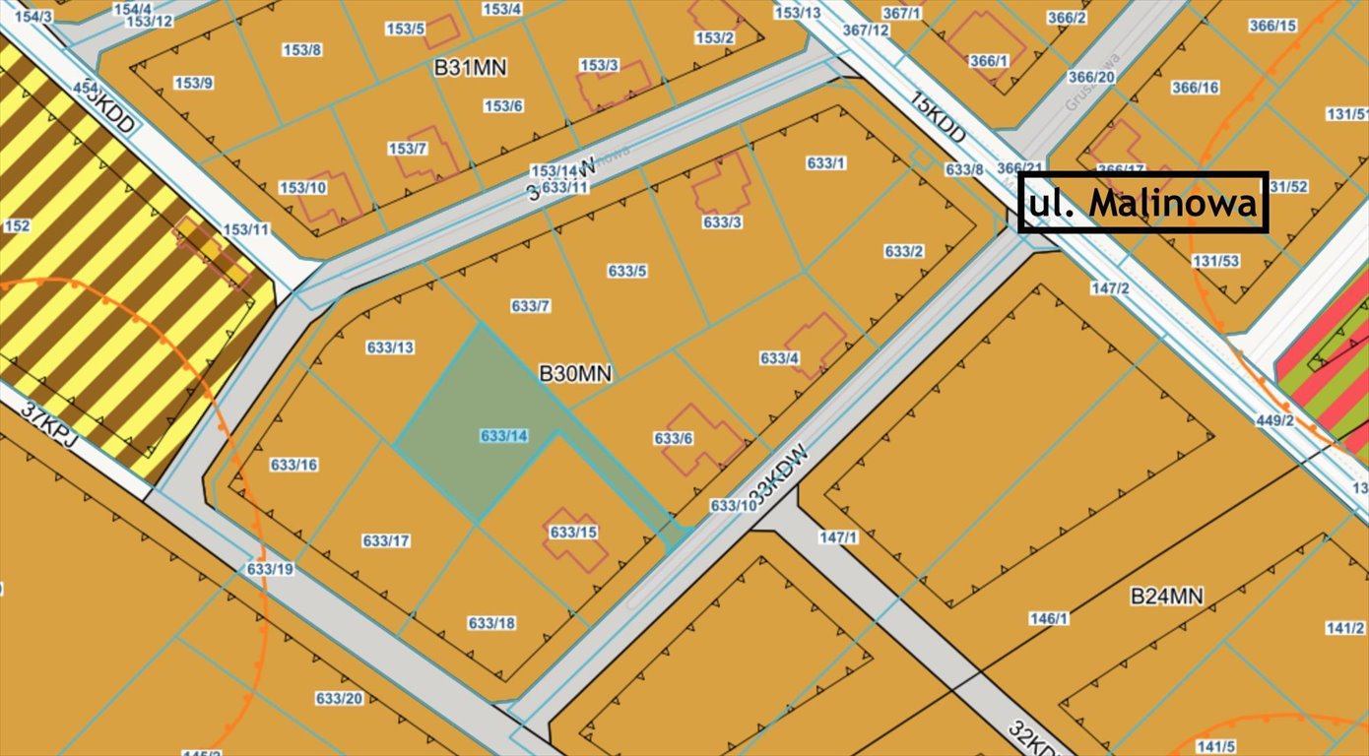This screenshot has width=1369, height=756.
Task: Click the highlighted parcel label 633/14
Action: coord(504,435)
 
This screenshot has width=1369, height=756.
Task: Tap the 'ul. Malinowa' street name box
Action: coord(1142,203)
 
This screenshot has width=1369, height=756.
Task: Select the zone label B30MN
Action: coord(575,374)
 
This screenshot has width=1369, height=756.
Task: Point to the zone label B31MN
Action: coord(471,68)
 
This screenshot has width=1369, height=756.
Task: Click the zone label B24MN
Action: coord(1166,596)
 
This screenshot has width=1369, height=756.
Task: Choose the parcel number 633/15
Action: coord(574,533)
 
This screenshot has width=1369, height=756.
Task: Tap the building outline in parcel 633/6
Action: coord(703,440)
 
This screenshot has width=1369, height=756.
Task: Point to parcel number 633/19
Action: coord(270,569)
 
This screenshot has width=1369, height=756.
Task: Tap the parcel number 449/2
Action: coord(1275,420)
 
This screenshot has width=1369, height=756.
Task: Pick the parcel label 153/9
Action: coord(193,83)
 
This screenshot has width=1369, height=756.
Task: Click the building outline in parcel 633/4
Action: coord(816,344)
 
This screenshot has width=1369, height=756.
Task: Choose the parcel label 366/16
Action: coord(1195,88)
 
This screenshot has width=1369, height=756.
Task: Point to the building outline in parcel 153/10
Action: coord(333,197)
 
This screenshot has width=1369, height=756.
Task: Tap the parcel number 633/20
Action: coord(339,698)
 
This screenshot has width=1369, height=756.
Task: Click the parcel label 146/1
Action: coord(1049,618)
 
